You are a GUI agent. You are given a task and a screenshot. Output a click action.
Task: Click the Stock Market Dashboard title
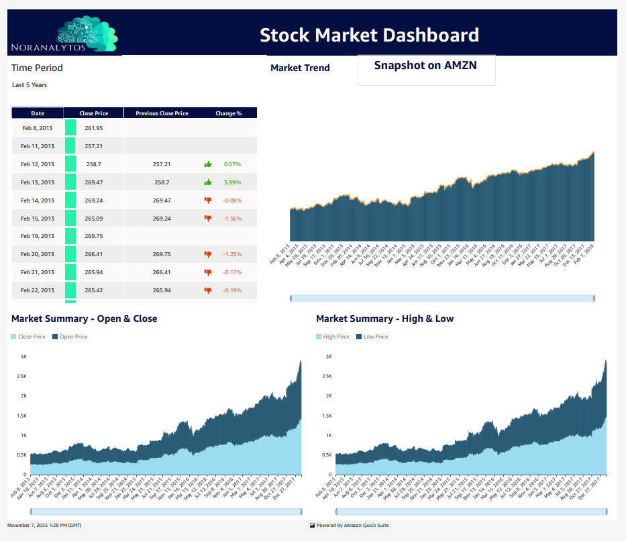tap(369, 35)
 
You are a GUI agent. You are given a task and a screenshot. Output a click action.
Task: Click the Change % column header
tap(228, 113)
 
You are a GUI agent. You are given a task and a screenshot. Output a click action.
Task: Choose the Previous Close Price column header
tap(162, 113)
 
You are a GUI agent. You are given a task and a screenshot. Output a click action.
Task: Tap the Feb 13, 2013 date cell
tap(38, 182)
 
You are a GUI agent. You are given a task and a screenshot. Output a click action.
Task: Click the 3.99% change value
tap(232, 182)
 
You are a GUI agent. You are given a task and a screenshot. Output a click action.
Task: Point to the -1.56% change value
tap(232, 219)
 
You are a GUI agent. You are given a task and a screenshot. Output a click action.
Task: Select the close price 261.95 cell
tap(93, 128)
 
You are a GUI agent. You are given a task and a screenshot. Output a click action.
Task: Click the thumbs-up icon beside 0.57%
tap(208, 164)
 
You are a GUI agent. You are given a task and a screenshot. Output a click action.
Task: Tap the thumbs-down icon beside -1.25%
tap(208, 254)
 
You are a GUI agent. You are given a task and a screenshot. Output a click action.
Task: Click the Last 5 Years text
tap(30, 85)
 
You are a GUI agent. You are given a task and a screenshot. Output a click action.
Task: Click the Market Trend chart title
tap(300, 68)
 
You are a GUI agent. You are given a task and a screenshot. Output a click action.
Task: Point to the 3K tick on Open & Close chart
tap(23, 357)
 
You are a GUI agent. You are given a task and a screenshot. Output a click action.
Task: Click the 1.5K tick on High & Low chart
tap(327, 416)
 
